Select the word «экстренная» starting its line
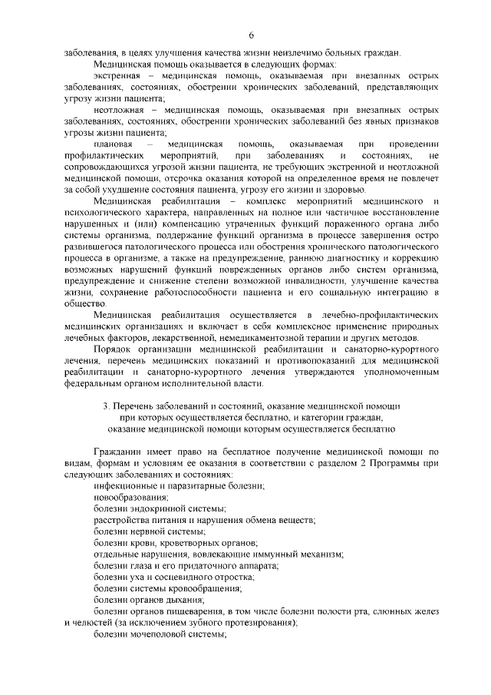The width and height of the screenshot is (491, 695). coord(117,77)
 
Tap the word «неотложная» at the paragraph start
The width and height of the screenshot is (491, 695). coord(117,111)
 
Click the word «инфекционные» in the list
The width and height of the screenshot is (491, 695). coord(126,487)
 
